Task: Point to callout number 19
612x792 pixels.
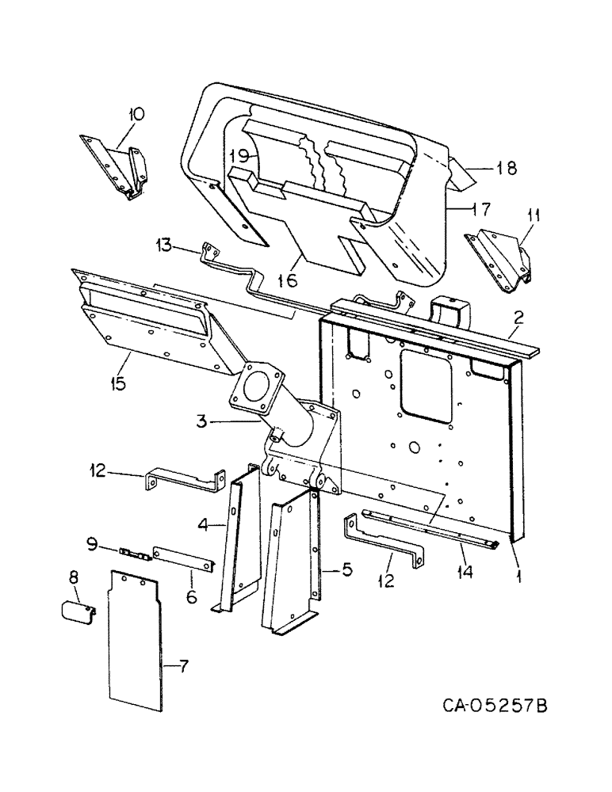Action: tap(241, 155)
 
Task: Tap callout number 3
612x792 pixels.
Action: tap(203, 421)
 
